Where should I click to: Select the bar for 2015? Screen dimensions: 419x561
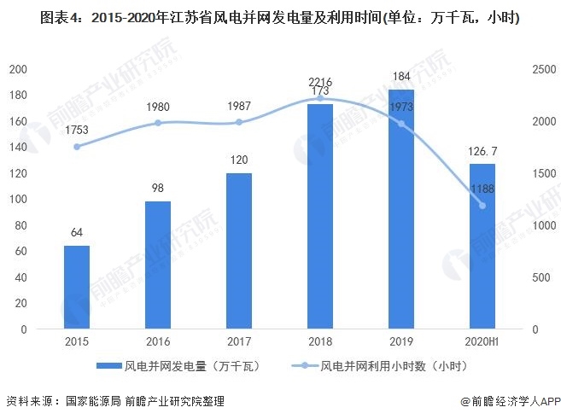coord(77,288)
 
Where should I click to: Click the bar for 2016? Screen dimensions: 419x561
coord(158,265)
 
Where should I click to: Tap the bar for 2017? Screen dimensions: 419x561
coord(239,251)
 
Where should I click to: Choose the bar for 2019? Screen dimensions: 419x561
coord(401,209)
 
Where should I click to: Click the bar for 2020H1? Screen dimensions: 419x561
coord(482,247)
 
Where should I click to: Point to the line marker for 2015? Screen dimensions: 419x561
coord(77,147)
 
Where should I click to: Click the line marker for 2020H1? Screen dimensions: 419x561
coord(482,206)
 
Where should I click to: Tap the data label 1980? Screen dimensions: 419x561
coord(158,107)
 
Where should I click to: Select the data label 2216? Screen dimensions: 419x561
coord(320,82)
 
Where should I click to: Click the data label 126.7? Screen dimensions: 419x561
coord(483,150)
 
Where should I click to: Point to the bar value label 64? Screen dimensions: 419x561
coord(77,233)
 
